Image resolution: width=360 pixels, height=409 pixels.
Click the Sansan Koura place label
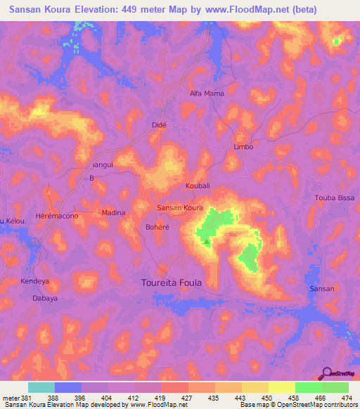tap(179, 208)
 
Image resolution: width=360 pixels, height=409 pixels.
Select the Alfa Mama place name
tap(207, 93)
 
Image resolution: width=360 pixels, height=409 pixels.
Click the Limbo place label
tap(243, 147)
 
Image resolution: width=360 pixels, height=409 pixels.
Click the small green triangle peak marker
tap(206, 241)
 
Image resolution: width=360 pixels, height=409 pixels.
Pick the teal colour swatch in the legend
tap(41, 387)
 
